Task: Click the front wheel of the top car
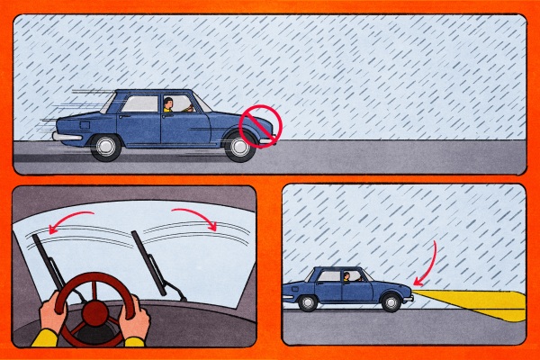[239, 147]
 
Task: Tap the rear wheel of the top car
[106, 147]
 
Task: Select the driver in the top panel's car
[168, 105]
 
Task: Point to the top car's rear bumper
[65, 136]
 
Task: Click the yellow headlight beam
[477, 304]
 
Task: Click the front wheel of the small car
[391, 303]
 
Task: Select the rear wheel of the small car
[308, 303]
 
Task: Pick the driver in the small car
[347, 277]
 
